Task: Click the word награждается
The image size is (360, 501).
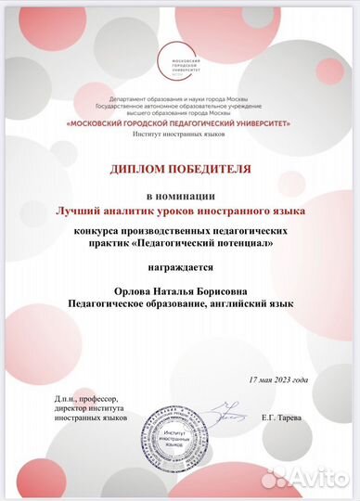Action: [180, 266]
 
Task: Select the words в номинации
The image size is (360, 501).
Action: [180, 197]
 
